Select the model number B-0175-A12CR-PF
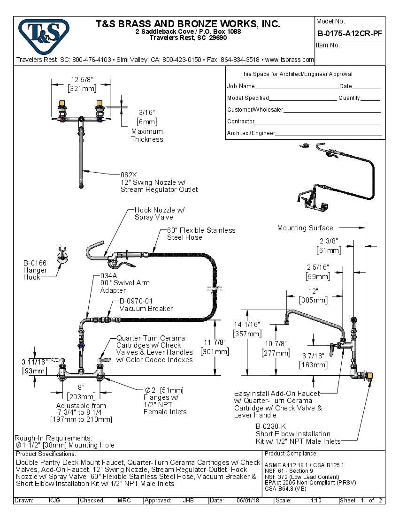pos(350,33)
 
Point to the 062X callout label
pos(129,175)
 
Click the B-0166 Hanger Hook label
pos(35,270)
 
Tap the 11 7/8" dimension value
pos(215,342)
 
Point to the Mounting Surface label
pos(305,228)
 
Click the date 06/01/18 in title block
pos(247,501)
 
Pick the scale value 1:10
pos(315,501)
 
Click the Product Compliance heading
pos(291,454)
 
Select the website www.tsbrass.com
pos(290,60)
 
